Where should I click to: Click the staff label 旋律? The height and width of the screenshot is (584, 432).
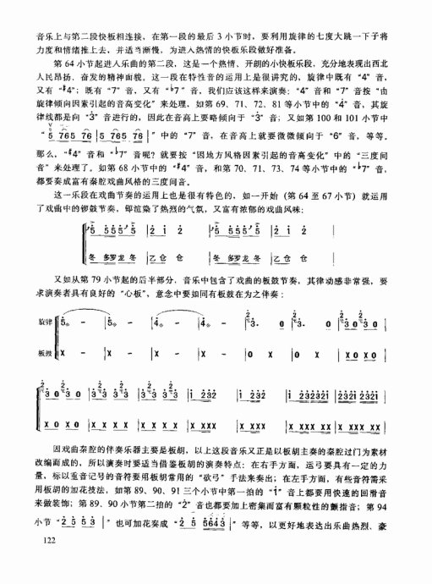pyautogui.click(x=45, y=322)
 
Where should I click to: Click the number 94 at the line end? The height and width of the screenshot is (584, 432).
pyautogui.click(x=391, y=517)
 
